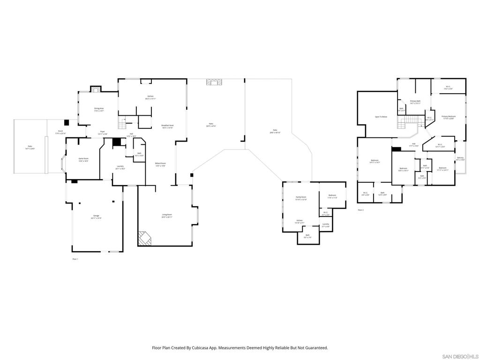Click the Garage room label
tap(96, 216)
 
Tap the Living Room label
tap(167, 216)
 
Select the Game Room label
tap(83, 159)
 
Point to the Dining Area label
tap(98, 108)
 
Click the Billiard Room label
tap(160, 164)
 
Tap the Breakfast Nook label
tap(167, 126)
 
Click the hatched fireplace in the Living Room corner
tap(144, 238)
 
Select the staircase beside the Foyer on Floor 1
tap(123, 124)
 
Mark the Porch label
tap(60, 131)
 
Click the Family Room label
tap(301, 197)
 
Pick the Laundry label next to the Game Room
tap(120, 166)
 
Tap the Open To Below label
tap(381, 117)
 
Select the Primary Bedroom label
tap(448, 116)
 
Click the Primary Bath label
tap(415, 101)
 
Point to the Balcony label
tap(460, 158)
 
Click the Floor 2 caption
tap(360, 210)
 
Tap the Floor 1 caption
tap(75, 259)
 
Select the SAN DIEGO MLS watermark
tap(460, 356)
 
